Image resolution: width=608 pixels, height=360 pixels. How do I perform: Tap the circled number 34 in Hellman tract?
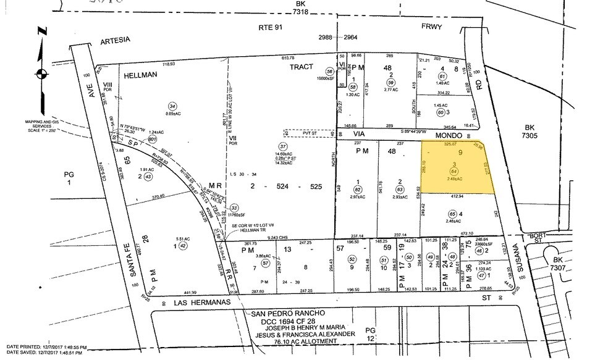tap(172, 104)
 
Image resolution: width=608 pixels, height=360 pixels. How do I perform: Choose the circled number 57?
tap(265, 263)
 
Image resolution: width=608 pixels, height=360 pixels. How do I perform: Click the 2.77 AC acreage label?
tap(389, 90)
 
